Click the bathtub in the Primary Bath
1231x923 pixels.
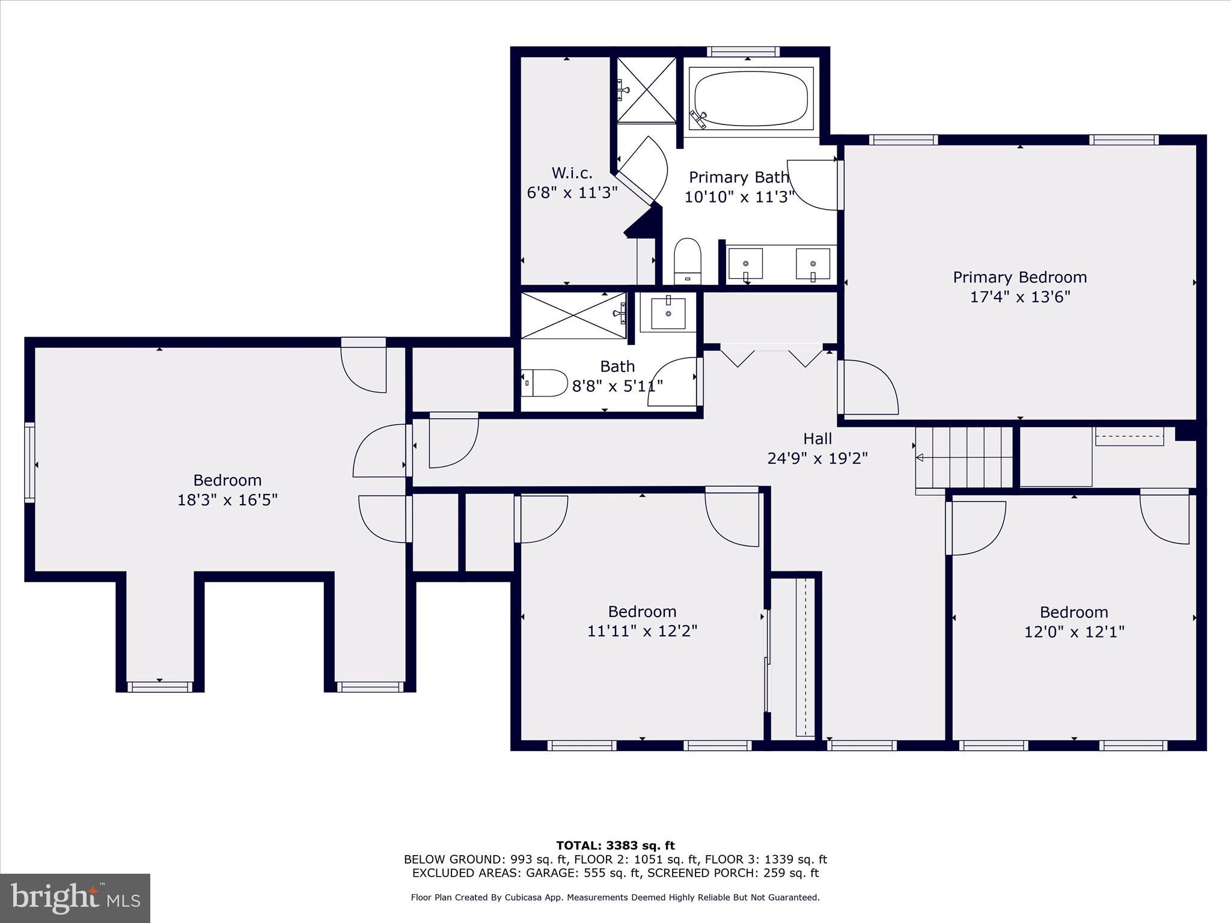point(751,99)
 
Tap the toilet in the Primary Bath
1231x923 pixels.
point(688,261)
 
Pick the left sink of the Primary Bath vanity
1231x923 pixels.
point(745,264)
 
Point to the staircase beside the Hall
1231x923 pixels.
point(964,457)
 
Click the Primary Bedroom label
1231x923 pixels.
point(1019,277)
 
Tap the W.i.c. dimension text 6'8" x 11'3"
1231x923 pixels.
point(572,193)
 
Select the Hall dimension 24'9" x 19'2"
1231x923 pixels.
point(817,458)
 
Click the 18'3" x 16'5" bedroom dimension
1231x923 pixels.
point(227,500)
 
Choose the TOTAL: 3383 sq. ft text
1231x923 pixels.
point(615,845)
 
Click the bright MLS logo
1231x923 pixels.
point(75,898)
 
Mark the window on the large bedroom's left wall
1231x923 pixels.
point(29,461)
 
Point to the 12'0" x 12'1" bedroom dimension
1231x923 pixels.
point(1074,632)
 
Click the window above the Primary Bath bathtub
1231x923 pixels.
point(743,52)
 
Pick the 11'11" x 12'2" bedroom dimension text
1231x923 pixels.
point(642,631)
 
